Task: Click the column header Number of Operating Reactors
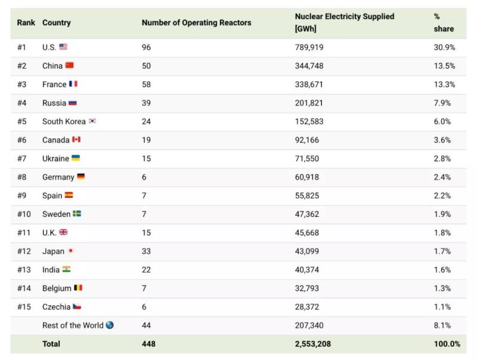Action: (196, 23)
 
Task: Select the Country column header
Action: (56, 23)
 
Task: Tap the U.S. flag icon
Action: (64, 47)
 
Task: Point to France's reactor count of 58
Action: (147, 84)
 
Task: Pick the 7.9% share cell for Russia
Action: (442, 103)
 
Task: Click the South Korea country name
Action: (64, 121)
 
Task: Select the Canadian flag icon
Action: (76, 139)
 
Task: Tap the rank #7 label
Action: (22, 159)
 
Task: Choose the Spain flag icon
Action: (69, 195)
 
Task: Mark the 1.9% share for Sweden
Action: (442, 214)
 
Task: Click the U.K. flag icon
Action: (64, 232)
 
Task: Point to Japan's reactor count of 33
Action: (147, 251)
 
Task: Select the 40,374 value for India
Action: (308, 269)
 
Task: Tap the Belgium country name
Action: (57, 288)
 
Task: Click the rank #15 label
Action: (24, 306)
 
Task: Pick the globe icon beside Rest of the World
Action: (109, 325)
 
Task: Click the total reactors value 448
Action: (149, 344)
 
